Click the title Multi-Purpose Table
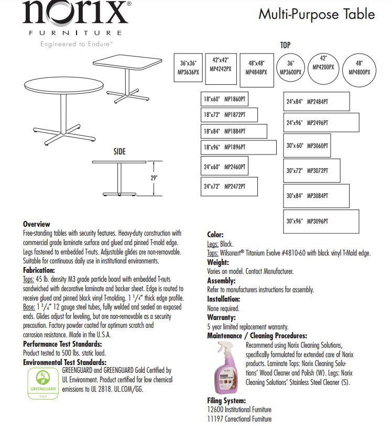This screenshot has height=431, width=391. pos(317,14)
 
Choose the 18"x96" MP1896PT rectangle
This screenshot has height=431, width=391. pos(239,148)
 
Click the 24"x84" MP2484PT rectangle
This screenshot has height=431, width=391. pos(317,101)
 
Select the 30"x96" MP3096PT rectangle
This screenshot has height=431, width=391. pos(322,221)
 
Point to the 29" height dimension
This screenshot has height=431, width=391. pos(154,178)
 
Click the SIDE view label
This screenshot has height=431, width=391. pos(120,152)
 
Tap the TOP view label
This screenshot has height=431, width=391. pos(285,46)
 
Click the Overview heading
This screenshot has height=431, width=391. pos(36,224)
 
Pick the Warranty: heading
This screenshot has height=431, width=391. pos(222,317)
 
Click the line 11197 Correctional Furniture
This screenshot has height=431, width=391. pos(239,418)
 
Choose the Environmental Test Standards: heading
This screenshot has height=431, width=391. pos(64,362)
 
